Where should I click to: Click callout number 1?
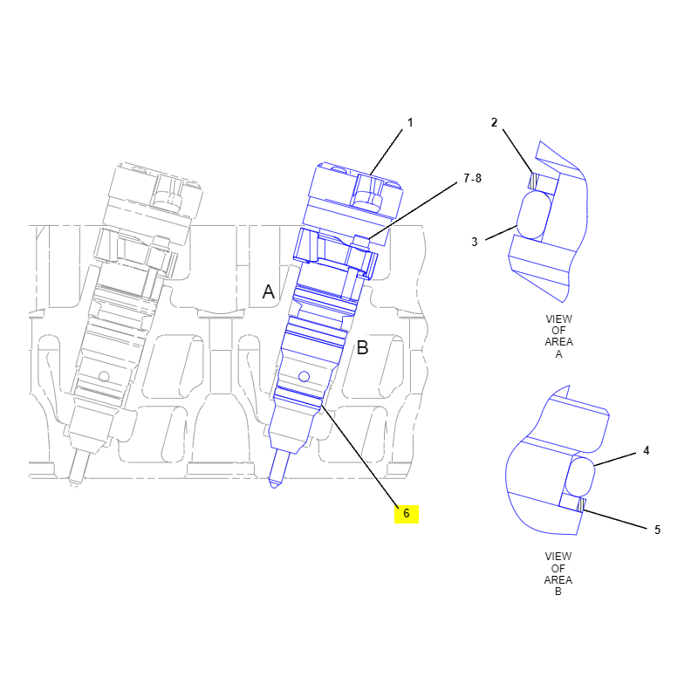click(410, 122)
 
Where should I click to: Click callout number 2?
click(494, 122)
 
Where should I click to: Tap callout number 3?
click(475, 242)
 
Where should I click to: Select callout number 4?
click(647, 451)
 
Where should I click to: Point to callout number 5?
click(658, 530)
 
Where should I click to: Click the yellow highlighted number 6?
click(407, 514)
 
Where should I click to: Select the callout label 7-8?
click(472, 179)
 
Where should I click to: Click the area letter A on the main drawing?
click(269, 292)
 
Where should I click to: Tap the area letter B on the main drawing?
click(363, 347)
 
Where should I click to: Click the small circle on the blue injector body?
click(304, 377)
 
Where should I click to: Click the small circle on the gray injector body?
click(104, 377)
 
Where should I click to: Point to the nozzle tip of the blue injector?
click(274, 484)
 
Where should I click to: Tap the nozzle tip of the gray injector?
click(74, 484)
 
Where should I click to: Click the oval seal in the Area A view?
click(534, 215)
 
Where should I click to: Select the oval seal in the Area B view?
click(580, 477)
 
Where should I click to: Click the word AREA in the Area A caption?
click(558, 342)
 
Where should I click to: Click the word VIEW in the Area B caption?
click(558, 557)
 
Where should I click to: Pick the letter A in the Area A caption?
click(558, 354)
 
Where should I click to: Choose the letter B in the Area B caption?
click(558, 592)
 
